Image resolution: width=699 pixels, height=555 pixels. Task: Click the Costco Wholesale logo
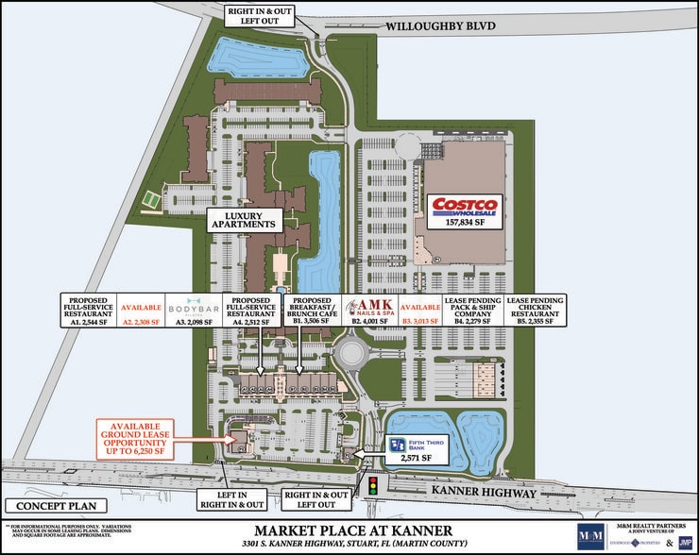coord(464,207)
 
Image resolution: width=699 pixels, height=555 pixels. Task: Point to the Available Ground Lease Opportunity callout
coord(143,436)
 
